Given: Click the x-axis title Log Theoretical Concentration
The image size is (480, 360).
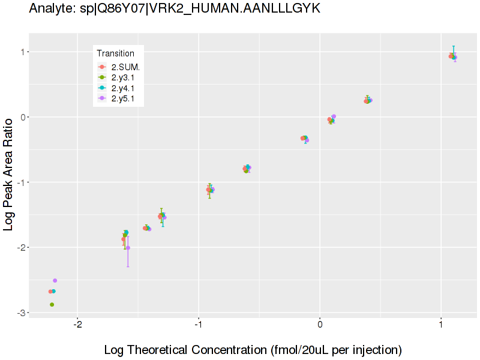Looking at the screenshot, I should (x=253, y=350).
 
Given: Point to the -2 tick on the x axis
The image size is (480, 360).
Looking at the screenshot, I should (x=77, y=325).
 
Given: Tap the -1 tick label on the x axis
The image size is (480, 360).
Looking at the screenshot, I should (x=199, y=325).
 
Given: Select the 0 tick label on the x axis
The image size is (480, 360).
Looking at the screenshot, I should (x=320, y=325).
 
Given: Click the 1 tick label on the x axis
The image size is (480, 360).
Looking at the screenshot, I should (x=441, y=325).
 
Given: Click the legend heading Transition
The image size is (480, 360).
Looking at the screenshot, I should (x=115, y=53).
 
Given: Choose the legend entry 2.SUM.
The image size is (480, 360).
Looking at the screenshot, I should (x=125, y=67).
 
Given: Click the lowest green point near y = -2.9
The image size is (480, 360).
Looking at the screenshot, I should (x=52, y=305).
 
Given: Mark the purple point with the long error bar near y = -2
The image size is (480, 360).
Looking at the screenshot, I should (x=128, y=248).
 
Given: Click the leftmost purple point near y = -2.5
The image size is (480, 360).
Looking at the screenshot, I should (x=55, y=280).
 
